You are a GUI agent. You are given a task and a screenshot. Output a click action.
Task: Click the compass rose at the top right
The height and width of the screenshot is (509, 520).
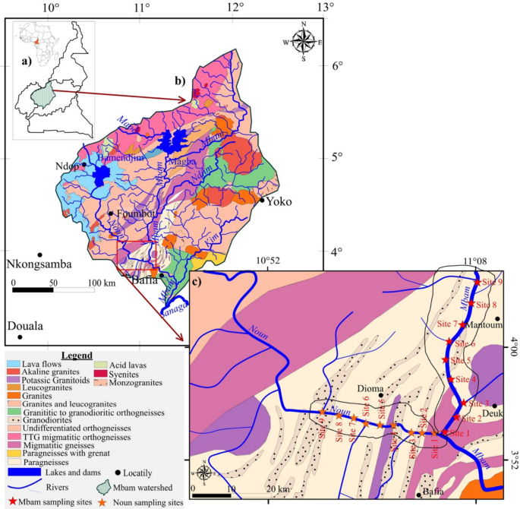pos(304,42)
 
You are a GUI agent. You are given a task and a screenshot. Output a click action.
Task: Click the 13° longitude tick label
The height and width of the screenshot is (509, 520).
pos(326,7)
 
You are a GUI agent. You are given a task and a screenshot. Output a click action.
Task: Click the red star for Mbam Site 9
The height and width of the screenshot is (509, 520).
pos(477,282)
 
